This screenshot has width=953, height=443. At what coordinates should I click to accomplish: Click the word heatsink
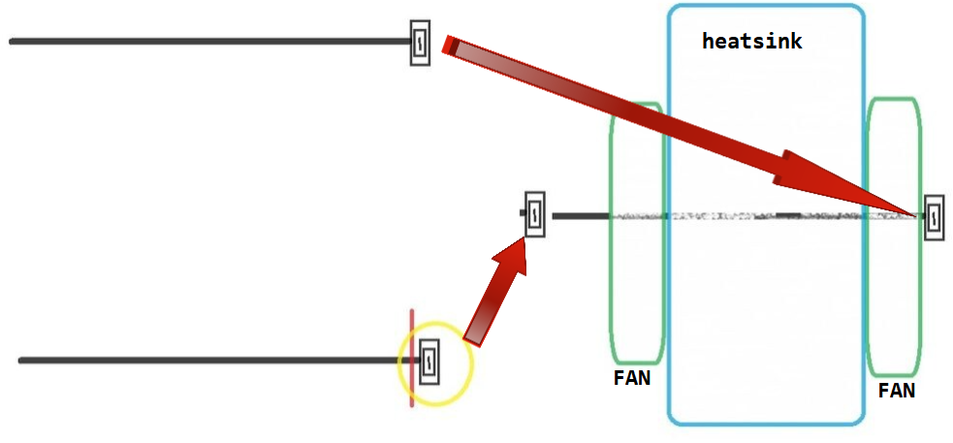751,42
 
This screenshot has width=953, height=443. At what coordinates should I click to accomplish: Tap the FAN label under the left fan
631,378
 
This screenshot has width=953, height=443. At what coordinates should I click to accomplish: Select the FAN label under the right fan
896,391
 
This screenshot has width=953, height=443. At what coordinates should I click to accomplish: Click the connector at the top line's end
420,43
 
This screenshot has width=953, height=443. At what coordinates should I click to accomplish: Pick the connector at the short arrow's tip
534,213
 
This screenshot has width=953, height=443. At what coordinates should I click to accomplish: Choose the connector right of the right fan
934,218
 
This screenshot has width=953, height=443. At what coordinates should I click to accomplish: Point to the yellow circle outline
471,364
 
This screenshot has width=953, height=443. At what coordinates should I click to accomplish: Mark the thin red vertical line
411,330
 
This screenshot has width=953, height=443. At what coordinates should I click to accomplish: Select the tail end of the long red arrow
450,46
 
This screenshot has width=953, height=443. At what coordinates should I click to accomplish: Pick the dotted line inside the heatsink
727,215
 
